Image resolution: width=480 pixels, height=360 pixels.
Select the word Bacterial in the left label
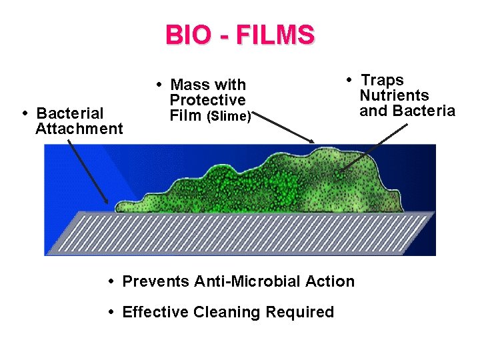coord(70,113)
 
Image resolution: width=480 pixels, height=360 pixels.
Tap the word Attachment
coord(79,129)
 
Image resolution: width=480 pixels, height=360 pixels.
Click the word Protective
coord(207,100)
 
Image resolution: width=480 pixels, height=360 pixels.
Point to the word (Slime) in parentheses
coord(229,117)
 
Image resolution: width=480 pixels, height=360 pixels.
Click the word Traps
coord(382,81)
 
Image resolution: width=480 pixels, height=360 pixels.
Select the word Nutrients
coord(394,95)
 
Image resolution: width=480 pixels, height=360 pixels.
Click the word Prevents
coord(156,281)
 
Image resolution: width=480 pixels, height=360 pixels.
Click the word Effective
coord(155,312)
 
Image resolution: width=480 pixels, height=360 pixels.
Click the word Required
coord(299,312)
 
